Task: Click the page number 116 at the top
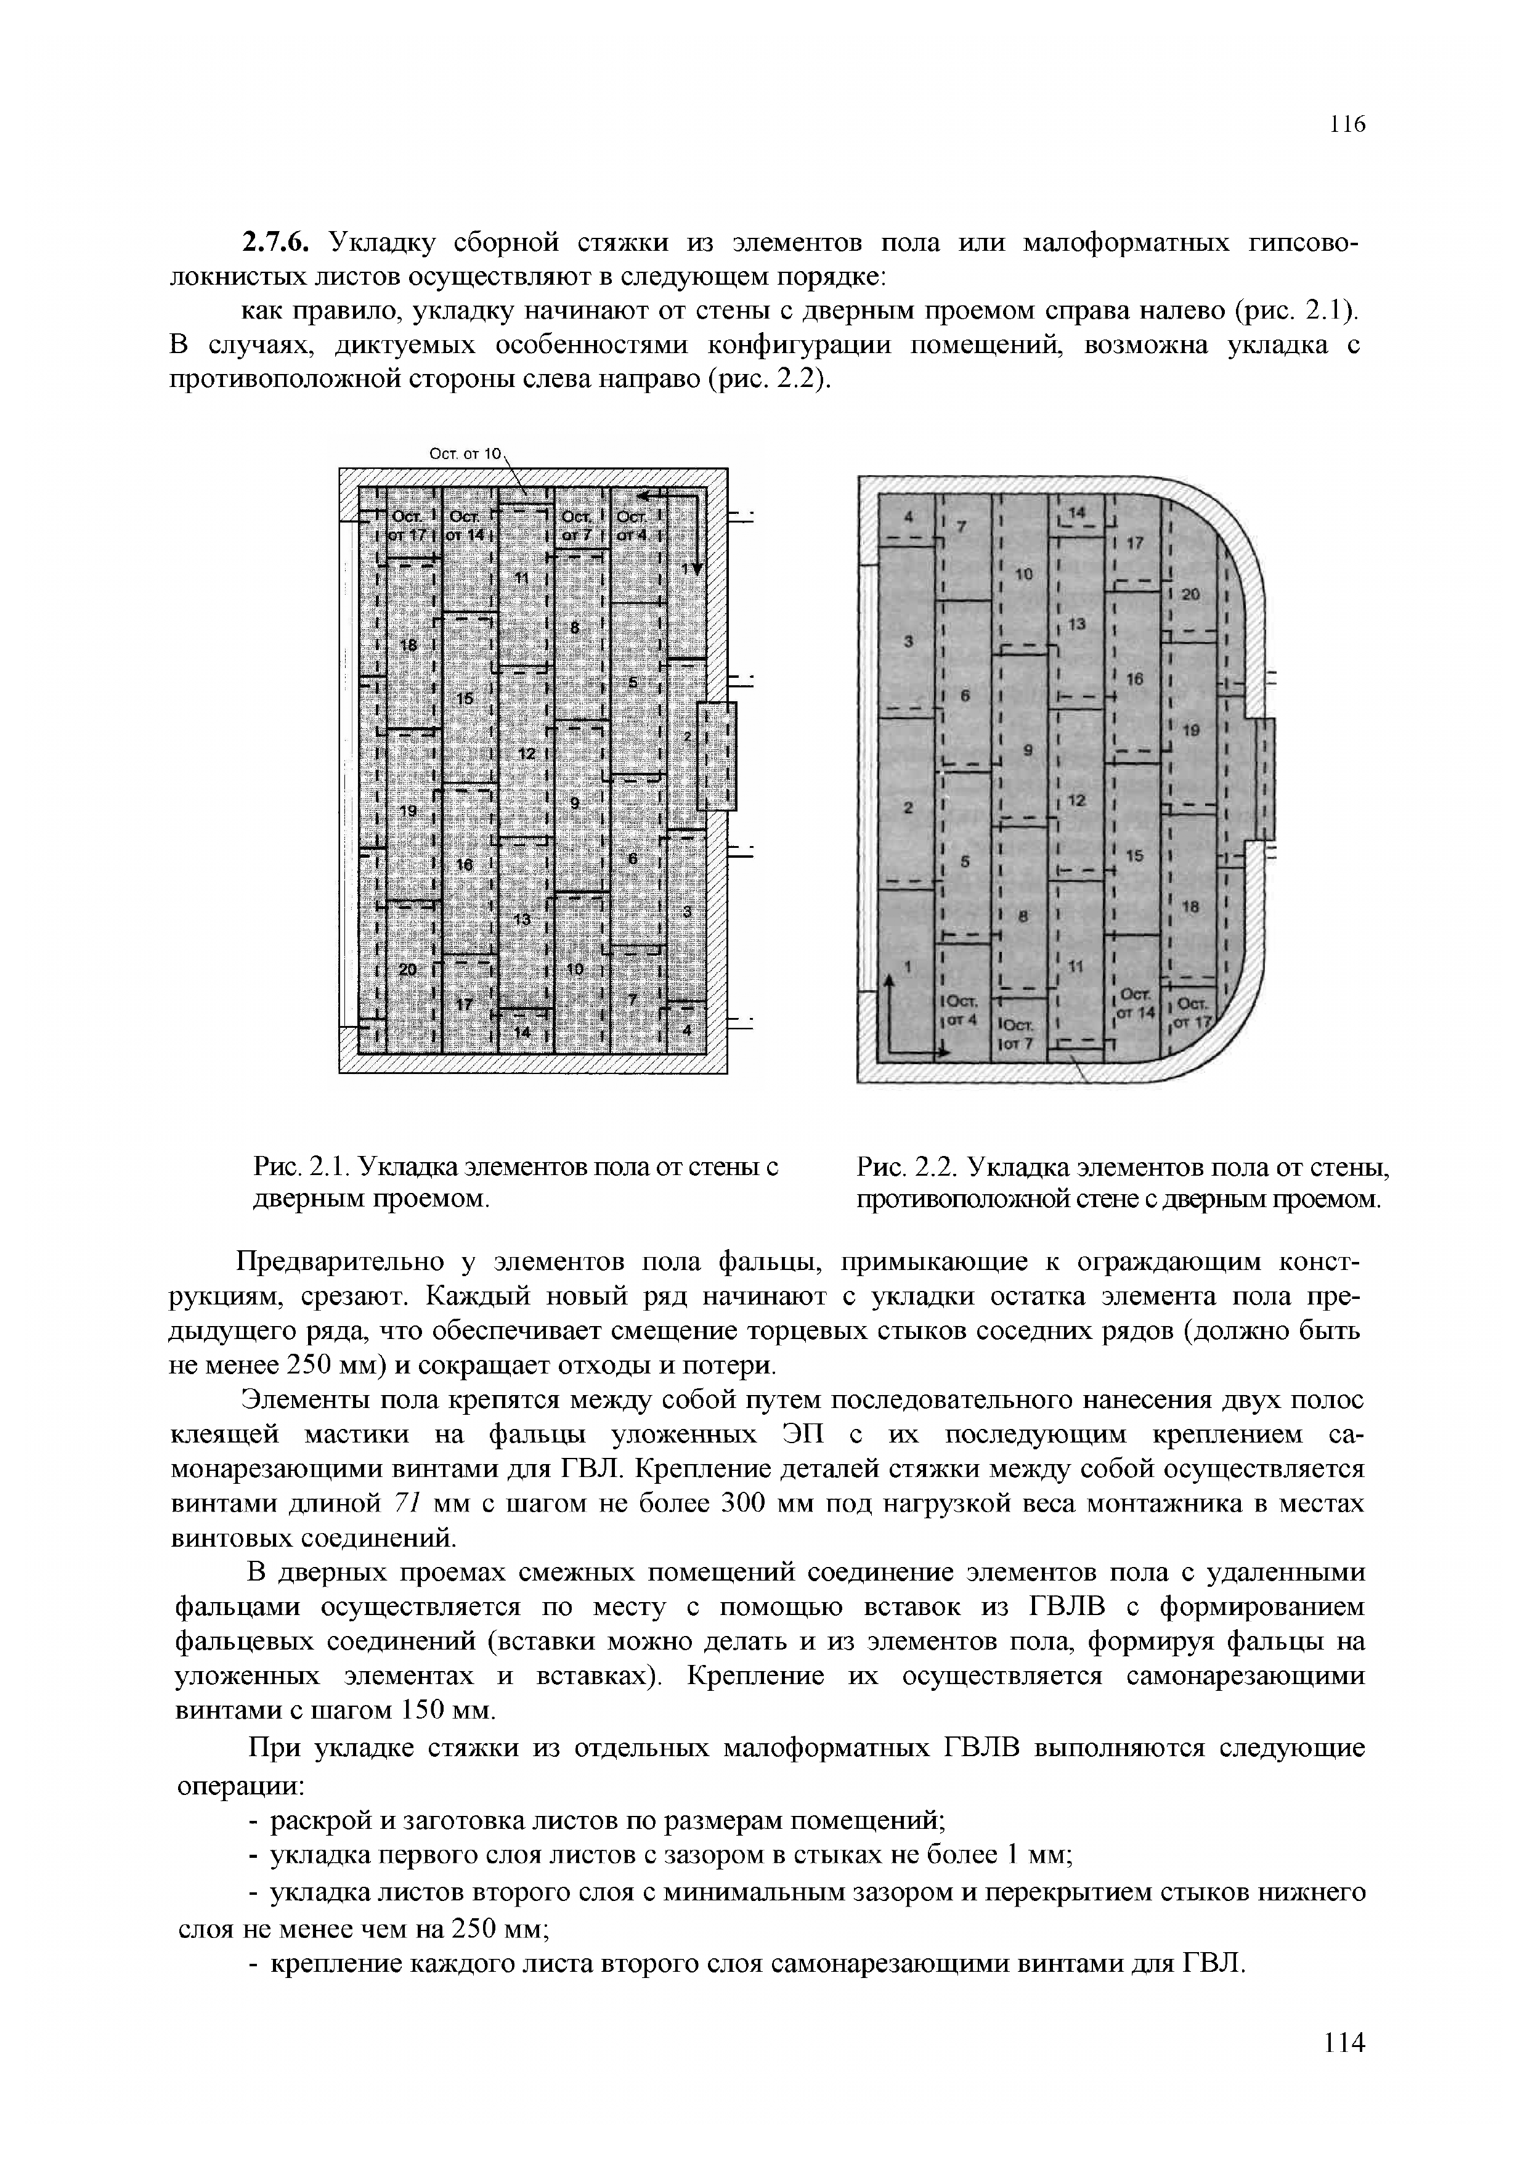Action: [x=1346, y=124]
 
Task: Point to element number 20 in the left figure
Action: [x=407, y=969]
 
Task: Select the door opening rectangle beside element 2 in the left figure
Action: [x=717, y=757]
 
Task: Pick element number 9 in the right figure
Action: [x=1028, y=750]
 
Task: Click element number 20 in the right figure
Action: [x=1190, y=594]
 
